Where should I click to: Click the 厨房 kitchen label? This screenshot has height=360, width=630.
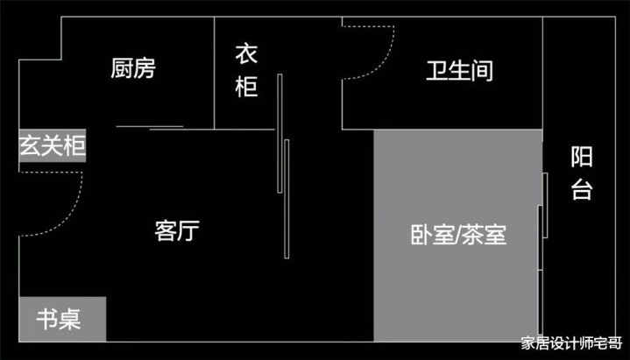pyautogui.click(x=133, y=68)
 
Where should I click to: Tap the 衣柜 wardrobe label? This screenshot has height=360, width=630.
pyautogui.click(x=246, y=71)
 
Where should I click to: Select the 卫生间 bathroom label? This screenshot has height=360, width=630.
pyautogui.click(x=459, y=71)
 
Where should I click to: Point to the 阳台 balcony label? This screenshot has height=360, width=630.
pyautogui.click(x=582, y=173)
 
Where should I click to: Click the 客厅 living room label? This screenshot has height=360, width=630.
pyautogui.click(x=177, y=230)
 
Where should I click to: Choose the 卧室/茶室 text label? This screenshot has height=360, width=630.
pyautogui.click(x=458, y=235)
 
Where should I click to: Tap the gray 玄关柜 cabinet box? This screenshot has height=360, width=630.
pyautogui.click(x=53, y=146)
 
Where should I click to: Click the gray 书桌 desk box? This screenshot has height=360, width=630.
pyautogui.click(x=62, y=320)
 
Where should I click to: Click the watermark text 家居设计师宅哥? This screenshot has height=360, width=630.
pyautogui.click(x=571, y=344)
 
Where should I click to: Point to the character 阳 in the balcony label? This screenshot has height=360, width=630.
pyautogui.click(x=582, y=157)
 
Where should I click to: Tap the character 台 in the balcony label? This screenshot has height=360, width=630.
pyautogui.click(x=582, y=190)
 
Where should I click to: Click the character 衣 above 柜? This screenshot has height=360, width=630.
pyautogui.click(x=246, y=55)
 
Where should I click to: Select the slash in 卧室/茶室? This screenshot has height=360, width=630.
pyautogui.click(x=458, y=235)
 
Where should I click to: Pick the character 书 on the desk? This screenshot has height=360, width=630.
pyautogui.click(x=47, y=320)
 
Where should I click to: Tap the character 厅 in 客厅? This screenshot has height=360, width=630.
pyautogui.click(x=188, y=230)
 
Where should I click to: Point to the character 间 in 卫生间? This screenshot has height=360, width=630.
pyautogui.click(x=482, y=71)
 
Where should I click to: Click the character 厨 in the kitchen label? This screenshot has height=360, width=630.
pyautogui.click(x=122, y=68)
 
